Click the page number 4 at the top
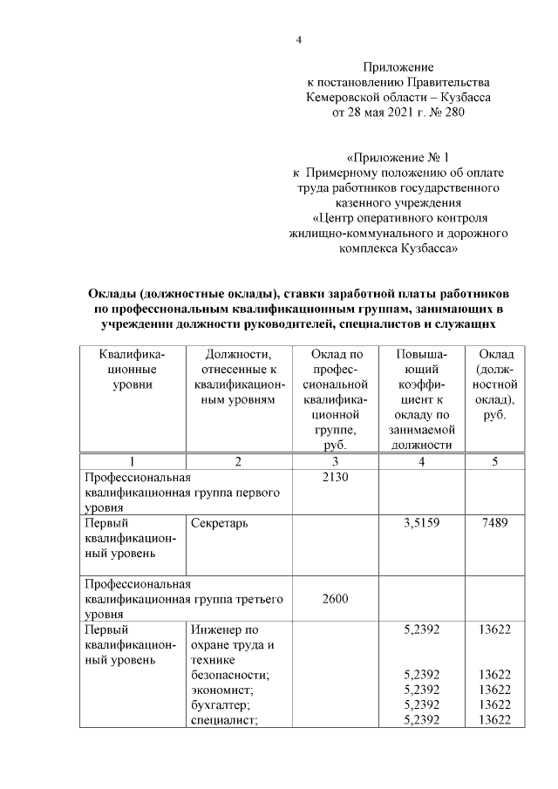(x=298, y=40)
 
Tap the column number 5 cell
(x=494, y=461)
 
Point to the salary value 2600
(x=335, y=600)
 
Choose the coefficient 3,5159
(x=421, y=523)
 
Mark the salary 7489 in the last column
(x=494, y=523)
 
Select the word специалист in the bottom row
(x=224, y=719)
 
